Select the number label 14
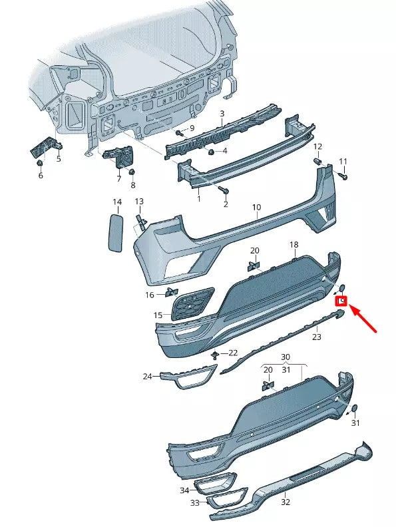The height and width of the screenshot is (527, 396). coord(116,202)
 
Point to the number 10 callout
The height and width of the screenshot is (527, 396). coord(257,208)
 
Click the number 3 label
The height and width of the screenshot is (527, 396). coord(222,114)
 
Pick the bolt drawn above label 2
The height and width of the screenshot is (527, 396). coord(222,191)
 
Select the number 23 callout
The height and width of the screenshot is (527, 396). coord(317,337)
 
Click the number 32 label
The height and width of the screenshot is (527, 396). coord(286,502)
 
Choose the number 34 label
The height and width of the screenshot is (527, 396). coord(184,490)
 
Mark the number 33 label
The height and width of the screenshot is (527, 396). coord(195,503)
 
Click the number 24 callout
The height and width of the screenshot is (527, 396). coord(147,377)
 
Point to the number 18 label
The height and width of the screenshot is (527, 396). coord(294,246)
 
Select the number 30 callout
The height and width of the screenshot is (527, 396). coord(286,357)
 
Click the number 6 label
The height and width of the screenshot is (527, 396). coord(40,175)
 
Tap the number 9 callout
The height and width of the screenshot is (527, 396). coord(192,128)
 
